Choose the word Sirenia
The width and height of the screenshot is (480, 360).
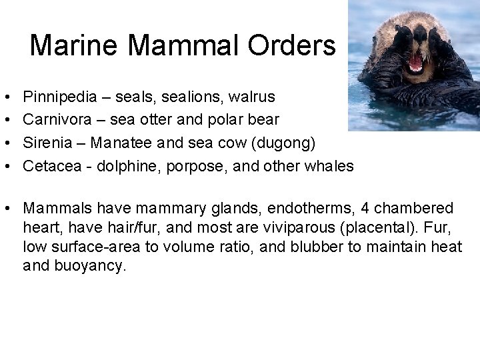click(46, 143)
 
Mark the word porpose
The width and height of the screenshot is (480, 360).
click(192, 165)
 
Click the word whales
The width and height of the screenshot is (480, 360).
click(329, 165)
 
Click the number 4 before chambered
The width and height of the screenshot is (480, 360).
click(366, 209)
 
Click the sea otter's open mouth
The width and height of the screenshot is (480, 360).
click(415, 63)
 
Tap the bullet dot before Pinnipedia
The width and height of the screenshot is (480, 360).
click(5, 98)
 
